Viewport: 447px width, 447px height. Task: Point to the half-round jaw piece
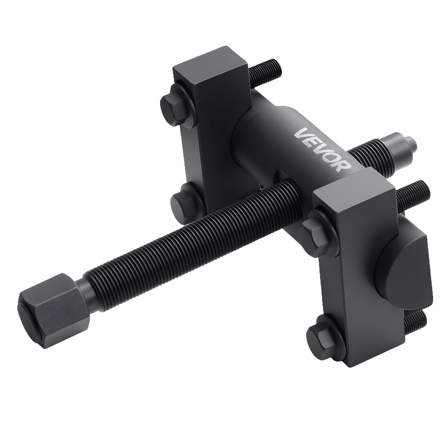(402, 260)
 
